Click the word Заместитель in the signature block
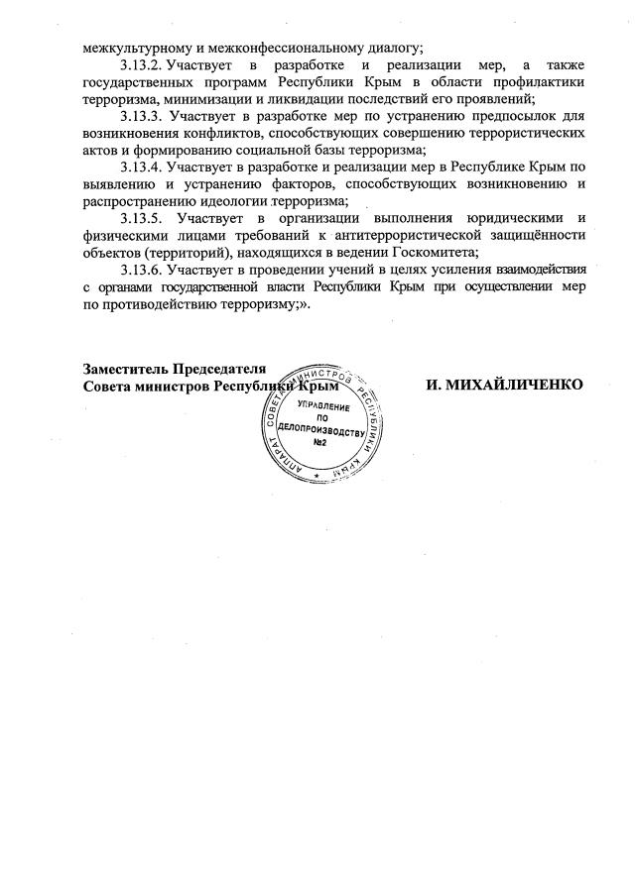tap(124, 369)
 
